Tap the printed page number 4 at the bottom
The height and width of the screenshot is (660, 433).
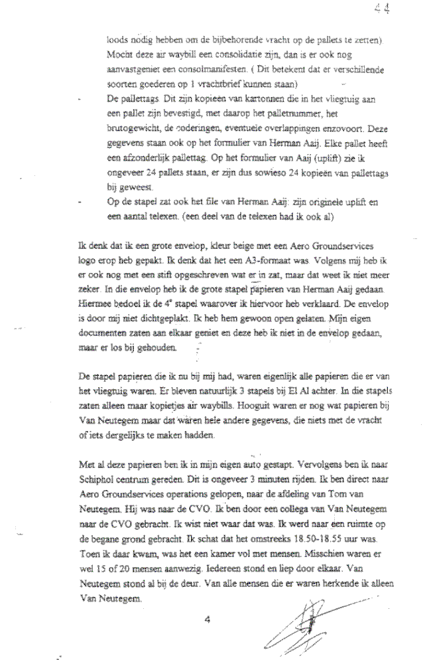208,620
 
